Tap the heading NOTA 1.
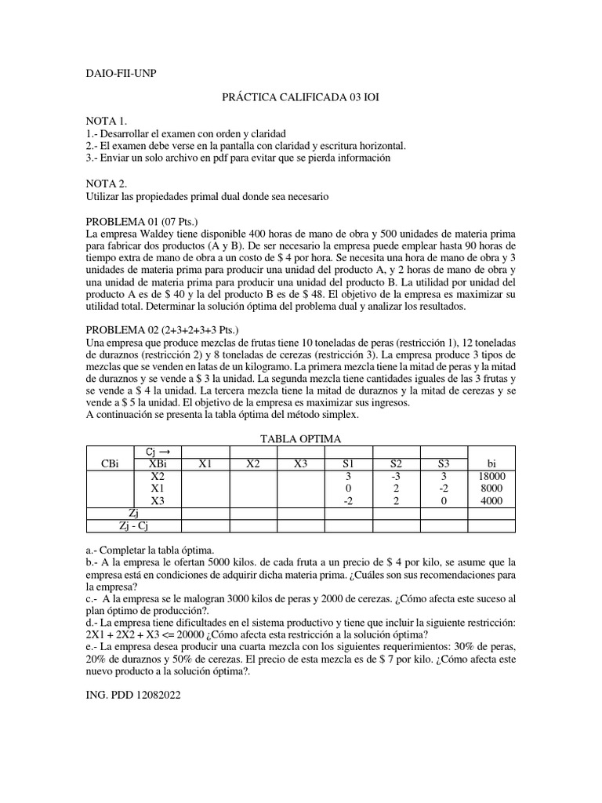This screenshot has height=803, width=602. click(106, 121)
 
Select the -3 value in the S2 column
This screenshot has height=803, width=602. click(397, 475)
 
